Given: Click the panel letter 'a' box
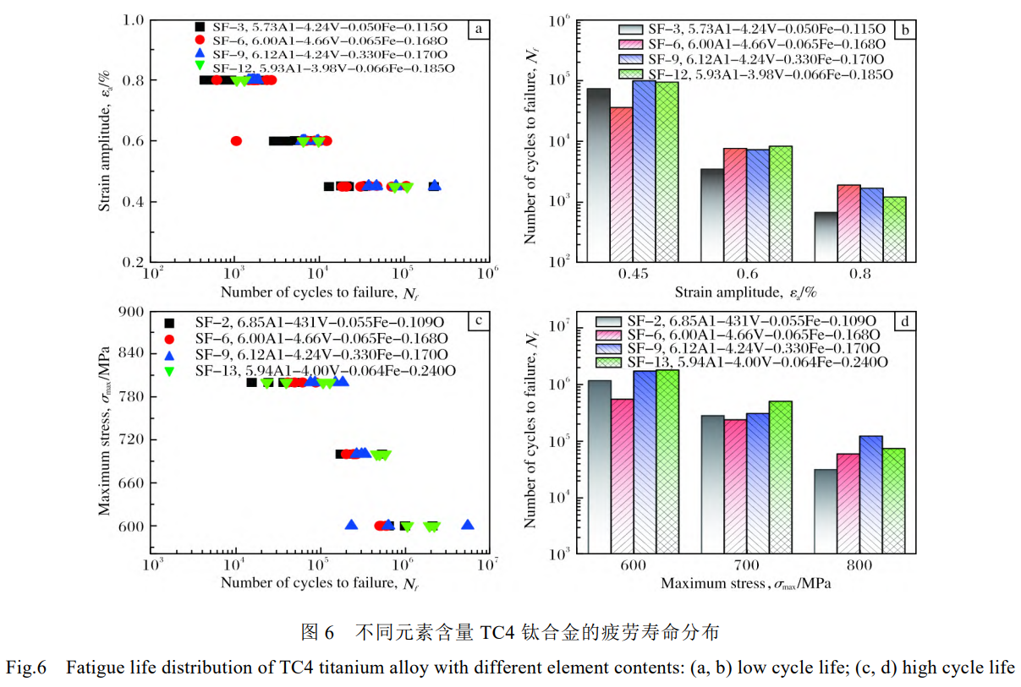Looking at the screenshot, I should click(478, 30).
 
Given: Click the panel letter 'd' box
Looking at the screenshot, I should click(905, 321).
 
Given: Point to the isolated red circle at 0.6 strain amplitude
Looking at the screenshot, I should click(236, 141).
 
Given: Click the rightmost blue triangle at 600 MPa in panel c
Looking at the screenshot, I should click(467, 525).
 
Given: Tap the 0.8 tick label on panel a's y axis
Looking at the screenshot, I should click(132, 80).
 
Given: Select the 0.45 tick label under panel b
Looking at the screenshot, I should click(632, 274).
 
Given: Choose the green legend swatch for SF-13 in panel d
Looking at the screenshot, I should click(608, 362).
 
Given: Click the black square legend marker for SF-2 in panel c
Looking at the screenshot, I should click(170, 322).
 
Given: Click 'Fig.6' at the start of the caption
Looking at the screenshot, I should click(25, 668).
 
